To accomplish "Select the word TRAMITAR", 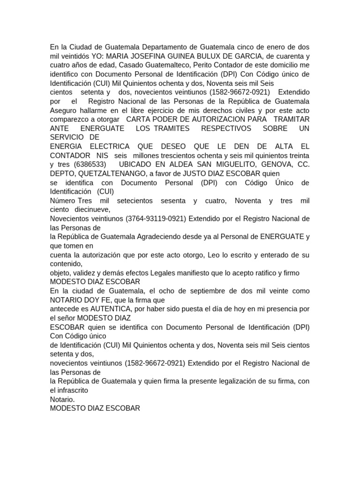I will click(x=292, y=119).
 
